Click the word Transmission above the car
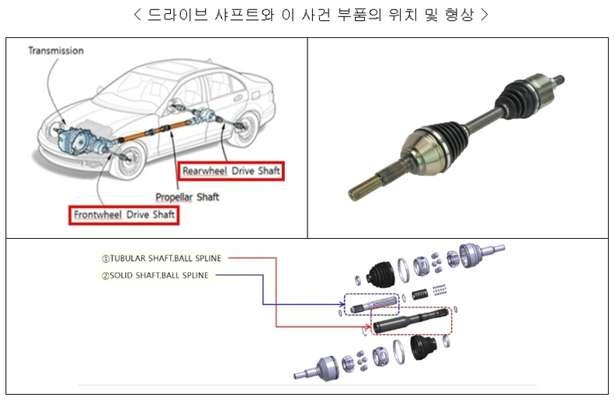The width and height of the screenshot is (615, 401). [x=56, y=51]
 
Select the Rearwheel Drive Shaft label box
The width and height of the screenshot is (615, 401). [x=231, y=171]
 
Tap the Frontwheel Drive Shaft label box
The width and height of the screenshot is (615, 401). [x=123, y=215]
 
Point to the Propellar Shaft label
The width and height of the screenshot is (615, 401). [x=187, y=197]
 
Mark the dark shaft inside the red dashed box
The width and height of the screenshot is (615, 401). [x=412, y=321]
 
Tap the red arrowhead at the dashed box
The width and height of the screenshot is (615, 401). [x=367, y=327]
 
